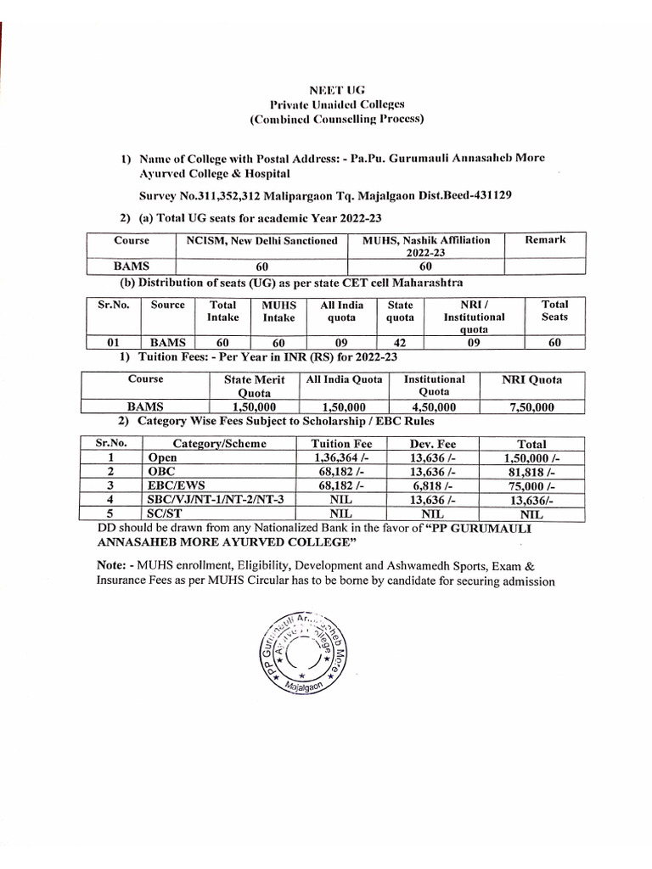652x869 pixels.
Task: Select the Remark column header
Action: click(545, 240)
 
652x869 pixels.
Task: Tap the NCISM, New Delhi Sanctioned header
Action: click(262, 240)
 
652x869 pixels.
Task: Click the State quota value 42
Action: click(400, 343)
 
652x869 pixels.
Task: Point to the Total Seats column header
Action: click(555, 311)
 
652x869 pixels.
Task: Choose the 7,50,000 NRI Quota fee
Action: click(531, 406)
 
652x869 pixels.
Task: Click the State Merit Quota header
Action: click(254, 386)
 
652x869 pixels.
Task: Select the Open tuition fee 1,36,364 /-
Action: click(337, 458)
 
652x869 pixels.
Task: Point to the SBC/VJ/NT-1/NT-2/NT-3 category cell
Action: click(210, 500)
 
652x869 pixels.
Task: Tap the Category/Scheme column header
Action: click(219, 444)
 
